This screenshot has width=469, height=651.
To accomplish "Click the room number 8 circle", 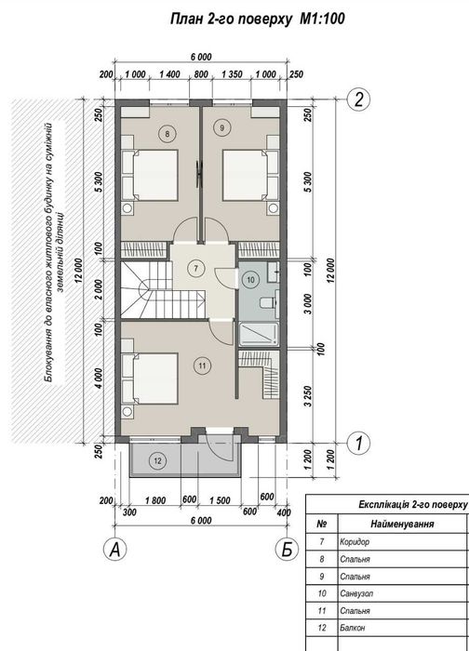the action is click(167, 134).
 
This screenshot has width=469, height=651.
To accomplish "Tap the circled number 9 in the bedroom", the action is click(221, 128).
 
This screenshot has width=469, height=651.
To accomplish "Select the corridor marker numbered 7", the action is click(195, 268).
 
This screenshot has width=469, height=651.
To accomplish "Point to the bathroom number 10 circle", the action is click(250, 280).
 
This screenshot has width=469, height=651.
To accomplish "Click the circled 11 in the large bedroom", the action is click(202, 365).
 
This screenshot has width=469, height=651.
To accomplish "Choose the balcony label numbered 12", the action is click(157, 460).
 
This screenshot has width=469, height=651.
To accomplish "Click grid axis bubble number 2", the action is click(359, 100).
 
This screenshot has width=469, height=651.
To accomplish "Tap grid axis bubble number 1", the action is click(359, 444).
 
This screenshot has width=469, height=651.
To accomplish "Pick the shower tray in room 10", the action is click(259, 334).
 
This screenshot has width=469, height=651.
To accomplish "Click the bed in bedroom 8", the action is click(150, 175).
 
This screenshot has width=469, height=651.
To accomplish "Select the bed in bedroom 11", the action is click(150, 378).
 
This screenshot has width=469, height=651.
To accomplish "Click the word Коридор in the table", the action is click(355, 542).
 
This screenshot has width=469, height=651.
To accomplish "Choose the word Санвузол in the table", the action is click(356, 593).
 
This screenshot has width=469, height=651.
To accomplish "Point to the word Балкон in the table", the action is click(353, 628).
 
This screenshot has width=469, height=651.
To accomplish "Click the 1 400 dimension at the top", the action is click(169, 74).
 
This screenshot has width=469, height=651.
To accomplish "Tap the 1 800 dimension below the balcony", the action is click(155, 500).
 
